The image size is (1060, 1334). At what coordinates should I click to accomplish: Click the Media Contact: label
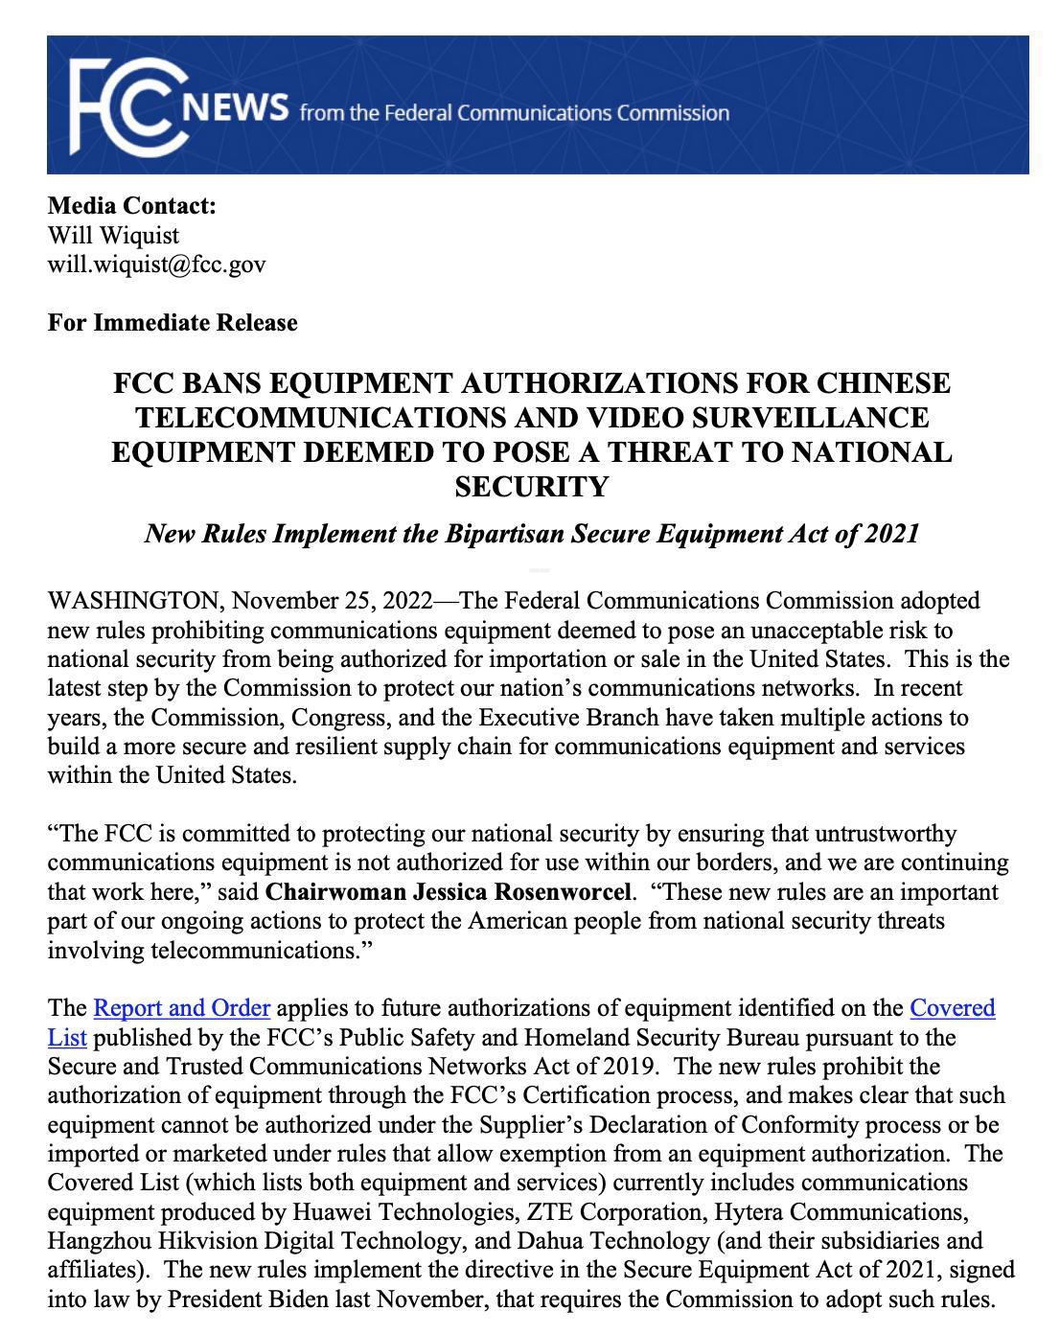(132, 206)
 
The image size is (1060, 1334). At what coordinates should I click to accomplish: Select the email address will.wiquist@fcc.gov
(156, 264)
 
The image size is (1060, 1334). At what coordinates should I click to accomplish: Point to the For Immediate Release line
(173, 323)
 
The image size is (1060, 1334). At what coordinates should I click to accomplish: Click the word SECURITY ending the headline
(531, 487)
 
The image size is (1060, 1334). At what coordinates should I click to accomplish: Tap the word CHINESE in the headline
(883, 383)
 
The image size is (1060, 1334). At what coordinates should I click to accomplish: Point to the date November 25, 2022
(333, 601)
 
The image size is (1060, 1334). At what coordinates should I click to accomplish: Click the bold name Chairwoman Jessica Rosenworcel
(449, 892)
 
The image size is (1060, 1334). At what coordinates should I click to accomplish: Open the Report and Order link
(182, 1008)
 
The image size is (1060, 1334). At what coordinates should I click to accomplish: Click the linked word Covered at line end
(952, 1008)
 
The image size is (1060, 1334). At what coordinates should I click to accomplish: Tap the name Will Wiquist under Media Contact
(113, 235)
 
